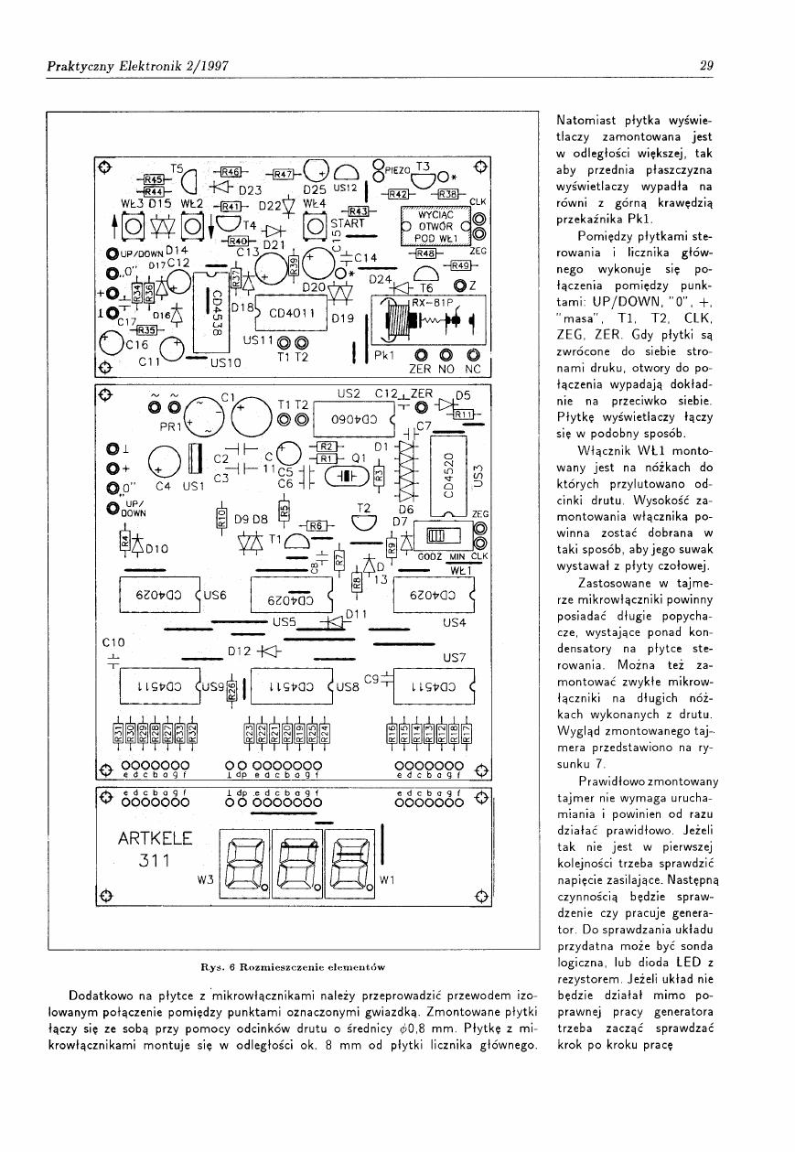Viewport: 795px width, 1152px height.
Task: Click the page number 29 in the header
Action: pyautogui.click(x=705, y=65)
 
